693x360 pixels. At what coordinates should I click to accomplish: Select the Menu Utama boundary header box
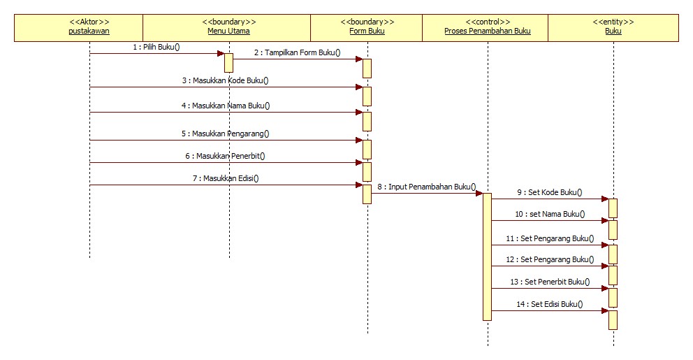(x=227, y=27)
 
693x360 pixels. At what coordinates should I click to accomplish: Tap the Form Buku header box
(x=367, y=27)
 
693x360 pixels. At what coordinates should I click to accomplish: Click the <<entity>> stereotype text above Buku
(x=613, y=22)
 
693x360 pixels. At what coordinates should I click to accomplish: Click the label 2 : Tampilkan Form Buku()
(x=297, y=52)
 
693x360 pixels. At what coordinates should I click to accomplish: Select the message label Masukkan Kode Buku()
(x=225, y=80)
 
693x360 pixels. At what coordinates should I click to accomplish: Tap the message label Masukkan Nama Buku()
(x=225, y=106)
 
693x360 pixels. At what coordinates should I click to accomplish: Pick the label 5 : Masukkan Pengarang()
(x=225, y=134)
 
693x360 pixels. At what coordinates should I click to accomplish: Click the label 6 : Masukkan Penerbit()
(x=225, y=156)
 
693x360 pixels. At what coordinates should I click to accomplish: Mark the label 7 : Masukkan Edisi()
(x=225, y=178)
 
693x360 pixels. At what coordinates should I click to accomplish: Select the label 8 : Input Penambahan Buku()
(x=427, y=187)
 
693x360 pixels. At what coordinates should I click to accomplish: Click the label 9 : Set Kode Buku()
(x=549, y=192)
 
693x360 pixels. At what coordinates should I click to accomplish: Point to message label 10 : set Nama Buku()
(x=550, y=215)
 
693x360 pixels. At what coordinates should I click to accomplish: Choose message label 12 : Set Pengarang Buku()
(x=550, y=259)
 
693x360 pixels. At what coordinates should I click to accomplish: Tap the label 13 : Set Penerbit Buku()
(x=550, y=282)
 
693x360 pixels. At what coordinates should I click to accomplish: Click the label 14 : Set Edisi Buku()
(x=550, y=304)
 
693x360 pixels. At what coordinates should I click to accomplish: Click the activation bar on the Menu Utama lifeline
(x=228, y=62)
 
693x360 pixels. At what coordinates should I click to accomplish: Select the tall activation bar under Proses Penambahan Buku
(x=487, y=257)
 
